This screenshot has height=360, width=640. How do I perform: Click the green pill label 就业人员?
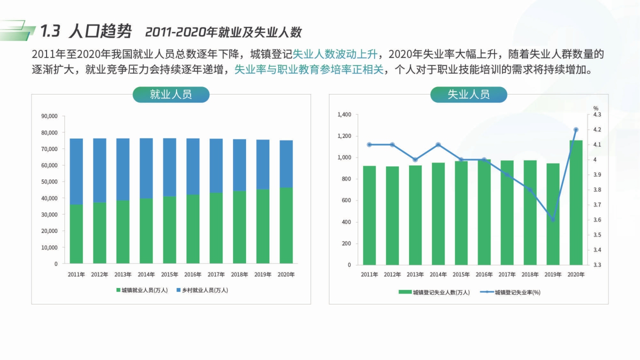tap(170, 94)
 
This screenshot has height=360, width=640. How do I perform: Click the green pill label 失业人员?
tap(468, 94)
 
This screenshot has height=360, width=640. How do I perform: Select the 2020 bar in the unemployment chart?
tap(575, 202)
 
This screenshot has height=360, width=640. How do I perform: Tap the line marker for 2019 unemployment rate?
tap(552, 220)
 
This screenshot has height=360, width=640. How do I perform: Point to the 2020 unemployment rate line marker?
tap(575, 130)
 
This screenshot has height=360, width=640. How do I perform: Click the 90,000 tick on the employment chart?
tap(49, 116)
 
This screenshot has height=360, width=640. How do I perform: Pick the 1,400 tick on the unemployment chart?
tap(344, 114)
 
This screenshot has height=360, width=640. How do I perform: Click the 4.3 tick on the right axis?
tap(597, 114)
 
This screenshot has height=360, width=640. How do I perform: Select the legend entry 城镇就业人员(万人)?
tap(142, 290)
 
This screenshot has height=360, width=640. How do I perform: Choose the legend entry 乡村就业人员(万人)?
tap(202, 290)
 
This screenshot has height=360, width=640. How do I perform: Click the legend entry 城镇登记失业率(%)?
tap(514, 292)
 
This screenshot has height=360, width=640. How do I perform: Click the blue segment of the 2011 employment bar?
tap(76, 171)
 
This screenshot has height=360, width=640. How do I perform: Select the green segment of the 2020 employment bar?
tap(286, 225)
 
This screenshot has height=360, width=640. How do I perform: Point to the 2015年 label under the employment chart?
tap(169, 274)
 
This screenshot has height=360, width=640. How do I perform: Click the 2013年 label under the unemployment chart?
tap(415, 274)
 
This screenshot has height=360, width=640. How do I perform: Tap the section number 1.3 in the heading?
tap(50, 31)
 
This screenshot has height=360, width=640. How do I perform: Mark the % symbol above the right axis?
tap(595, 108)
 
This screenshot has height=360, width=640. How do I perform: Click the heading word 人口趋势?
tap(100, 31)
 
